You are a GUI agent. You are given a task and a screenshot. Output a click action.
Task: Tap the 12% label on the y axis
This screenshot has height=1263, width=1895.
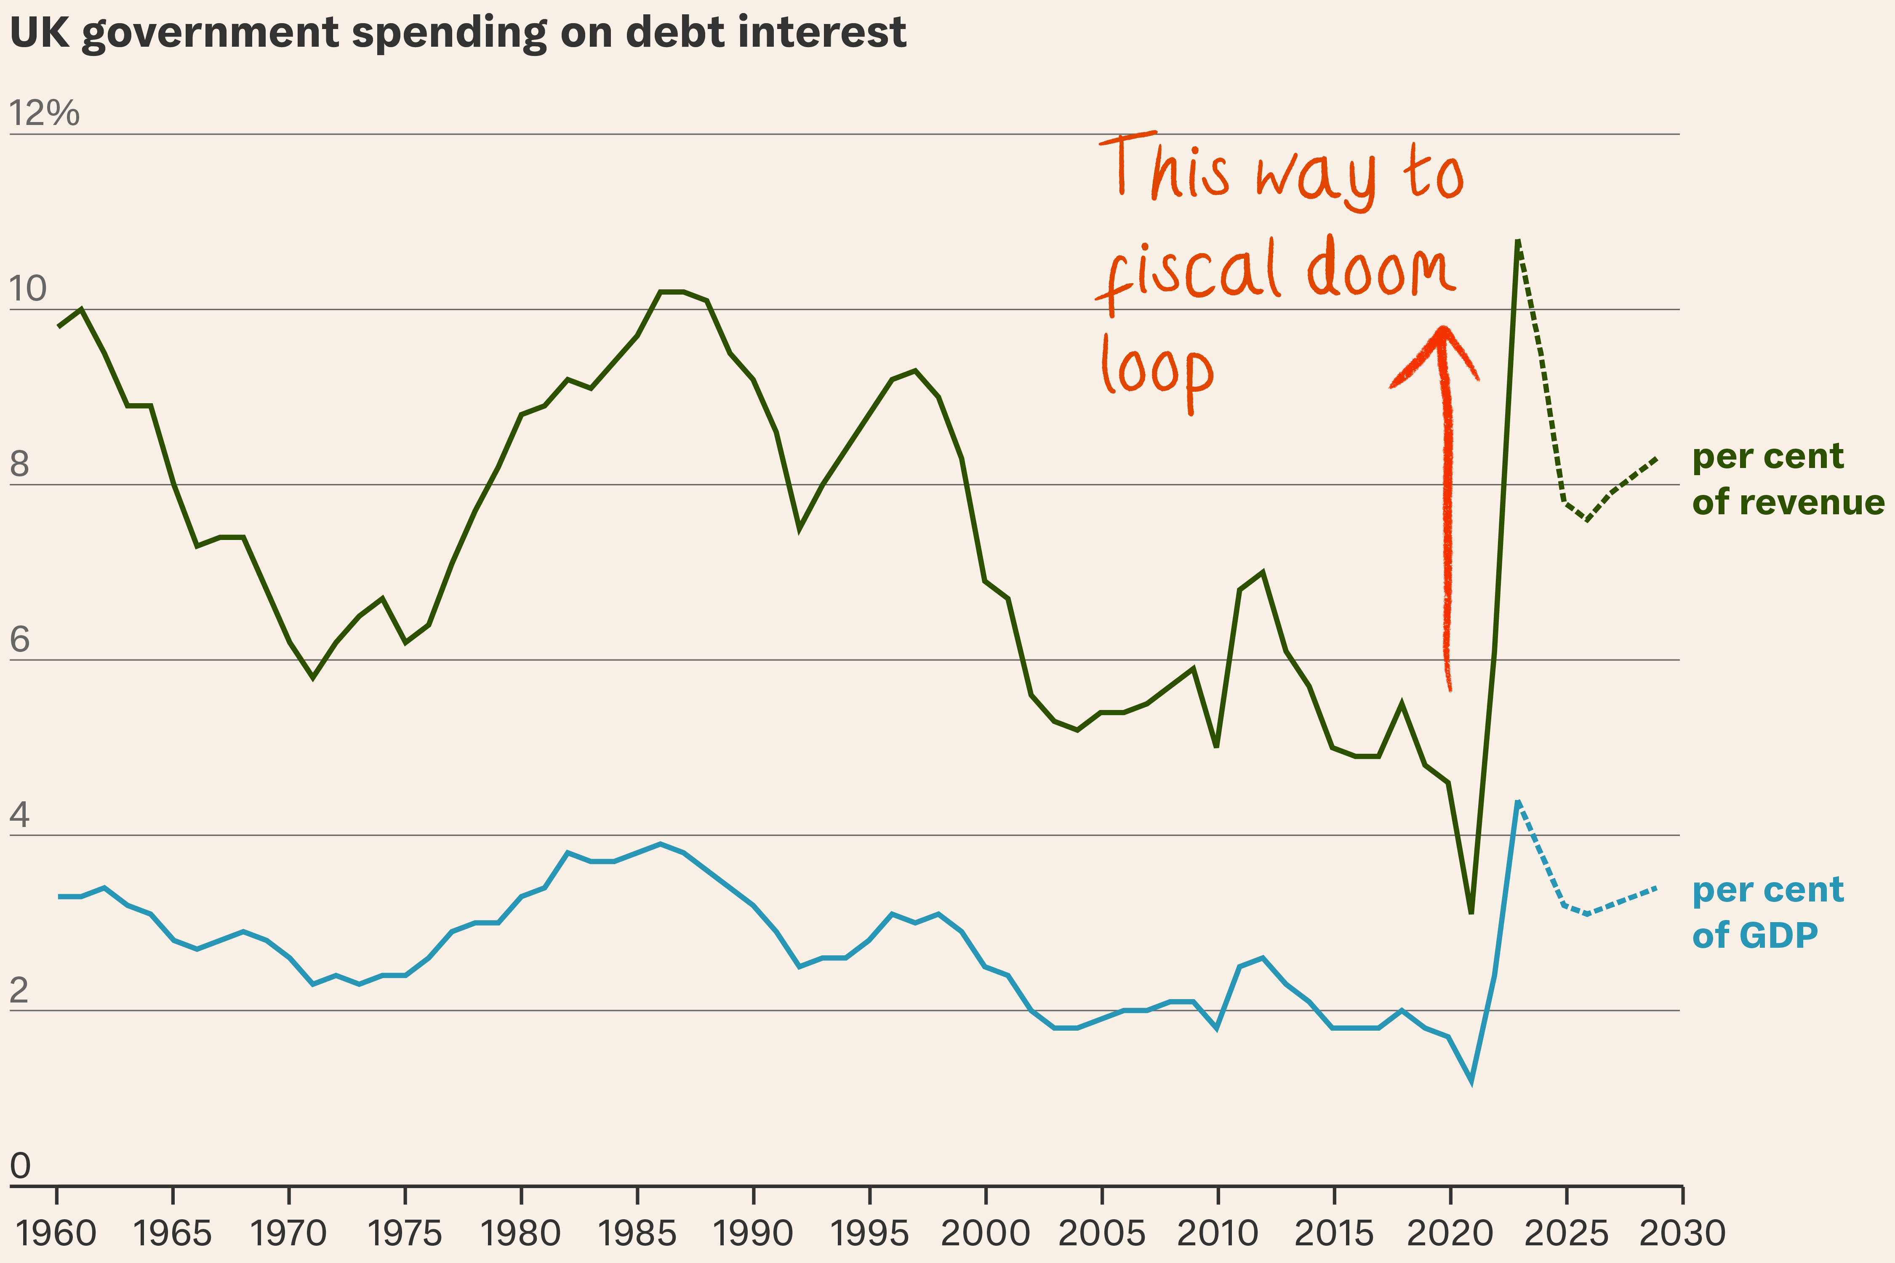[x=44, y=113]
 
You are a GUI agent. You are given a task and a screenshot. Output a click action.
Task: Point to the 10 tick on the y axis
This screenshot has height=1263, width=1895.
[x=28, y=288]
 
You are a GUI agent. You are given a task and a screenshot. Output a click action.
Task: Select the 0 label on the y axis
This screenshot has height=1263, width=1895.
[x=20, y=1165]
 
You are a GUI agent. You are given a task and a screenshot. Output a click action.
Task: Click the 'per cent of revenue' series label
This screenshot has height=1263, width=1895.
[x=1787, y=479]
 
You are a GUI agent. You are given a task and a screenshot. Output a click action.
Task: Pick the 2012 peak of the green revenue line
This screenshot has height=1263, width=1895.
[x=1263, y=573]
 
